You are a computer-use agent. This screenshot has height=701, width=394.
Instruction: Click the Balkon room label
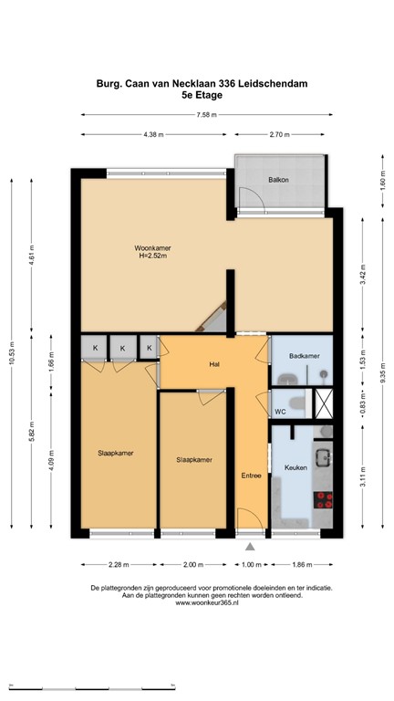(x=278, y=180)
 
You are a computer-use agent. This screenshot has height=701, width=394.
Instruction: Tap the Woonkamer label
(x=152, y=248)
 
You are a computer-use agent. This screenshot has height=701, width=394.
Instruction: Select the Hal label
(x=215, y=364)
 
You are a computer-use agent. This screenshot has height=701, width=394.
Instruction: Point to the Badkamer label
(x=303, y=355)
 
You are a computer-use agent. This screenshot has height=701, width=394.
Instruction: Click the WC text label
(x=281, y=412)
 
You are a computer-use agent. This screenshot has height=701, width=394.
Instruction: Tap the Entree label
(x=251, y=476)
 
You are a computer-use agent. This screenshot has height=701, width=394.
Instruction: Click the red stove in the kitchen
(x=324, y=499)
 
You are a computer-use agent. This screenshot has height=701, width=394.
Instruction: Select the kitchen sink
(x=324, y=455)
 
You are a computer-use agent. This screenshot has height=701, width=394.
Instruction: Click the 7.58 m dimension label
(x=206, y=115)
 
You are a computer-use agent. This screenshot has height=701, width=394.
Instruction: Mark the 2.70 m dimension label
(x=279, y=135)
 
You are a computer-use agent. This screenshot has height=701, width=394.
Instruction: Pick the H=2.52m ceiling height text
(x=152, y=257)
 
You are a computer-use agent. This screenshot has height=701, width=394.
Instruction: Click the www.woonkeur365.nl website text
(x=205, y=602)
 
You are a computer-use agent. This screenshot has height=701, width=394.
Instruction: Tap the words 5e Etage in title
(x=202, y=94)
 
